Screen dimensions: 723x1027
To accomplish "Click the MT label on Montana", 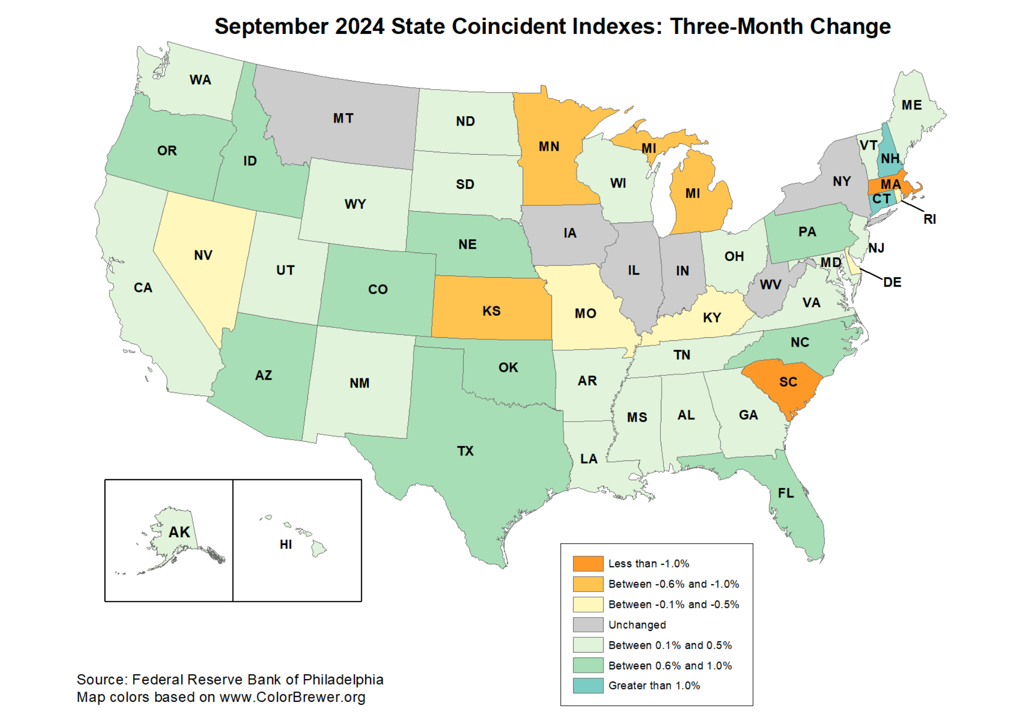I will coord(343,118).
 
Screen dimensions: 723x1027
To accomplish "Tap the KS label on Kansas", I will coord(491,311).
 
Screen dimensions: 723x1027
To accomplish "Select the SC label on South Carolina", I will coord(788,382).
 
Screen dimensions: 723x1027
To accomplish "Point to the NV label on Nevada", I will coord(203,255).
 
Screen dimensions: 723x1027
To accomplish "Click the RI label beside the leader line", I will coord(929,219).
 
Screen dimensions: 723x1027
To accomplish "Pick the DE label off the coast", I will coord(892,282).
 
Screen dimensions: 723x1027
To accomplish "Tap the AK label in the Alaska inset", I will coord(179,532).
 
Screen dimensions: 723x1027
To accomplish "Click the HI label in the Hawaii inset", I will coord(286,544).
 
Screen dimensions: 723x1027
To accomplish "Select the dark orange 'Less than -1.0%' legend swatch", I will coord(588,563).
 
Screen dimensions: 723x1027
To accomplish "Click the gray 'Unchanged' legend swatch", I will coord(588,624).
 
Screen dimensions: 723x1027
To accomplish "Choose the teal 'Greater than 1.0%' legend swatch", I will coord(588,686).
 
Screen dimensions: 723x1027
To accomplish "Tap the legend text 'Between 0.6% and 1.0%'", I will coord(670,665).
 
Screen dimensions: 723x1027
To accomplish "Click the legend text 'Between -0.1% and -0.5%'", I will coord(673,604).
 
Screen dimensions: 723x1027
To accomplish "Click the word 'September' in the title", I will coord(271,27).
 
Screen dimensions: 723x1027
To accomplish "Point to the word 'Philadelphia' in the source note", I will coord(342,680).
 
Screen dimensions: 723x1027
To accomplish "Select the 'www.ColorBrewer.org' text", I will coord(292,697).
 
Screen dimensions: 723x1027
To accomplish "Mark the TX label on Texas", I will coord(465,451).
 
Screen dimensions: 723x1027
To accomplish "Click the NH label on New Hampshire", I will coord(890,159).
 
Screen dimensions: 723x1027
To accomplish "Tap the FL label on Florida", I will coord(786,493).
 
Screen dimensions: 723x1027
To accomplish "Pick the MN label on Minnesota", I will coord(548,146).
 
